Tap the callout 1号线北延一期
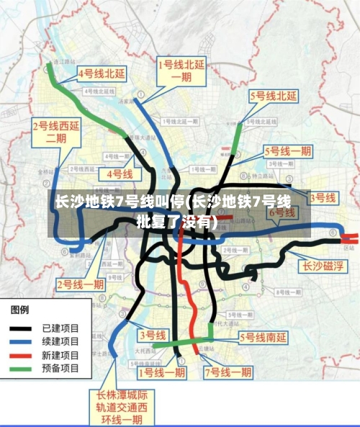click(x=181, y=73)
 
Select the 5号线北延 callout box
click(x=274, y=95)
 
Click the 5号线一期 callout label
click(x=288, y=151)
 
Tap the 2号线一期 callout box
click(x=81, y=284)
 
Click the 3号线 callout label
click(x=152, y=335)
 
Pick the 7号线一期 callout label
click(x=228, y=372)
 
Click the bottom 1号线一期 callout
click(x=162, y=372)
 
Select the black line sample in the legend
click(x=23, y=328)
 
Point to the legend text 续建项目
click(x=60, y=341)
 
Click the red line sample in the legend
click(x=23, y=355)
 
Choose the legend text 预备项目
click(x=60, y=369)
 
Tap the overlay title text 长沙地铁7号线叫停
click(x=120, y=202)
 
